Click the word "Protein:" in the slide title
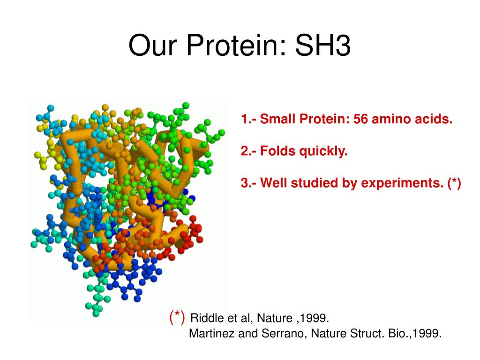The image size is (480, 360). point(236,45)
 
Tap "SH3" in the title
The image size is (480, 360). point(323,45)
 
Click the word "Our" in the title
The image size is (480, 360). point(153,45)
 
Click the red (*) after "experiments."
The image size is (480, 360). point(454,183)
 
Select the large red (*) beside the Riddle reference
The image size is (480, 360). point(177,317)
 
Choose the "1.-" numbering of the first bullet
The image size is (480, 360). point(249,119)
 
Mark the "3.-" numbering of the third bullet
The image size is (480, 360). point(249,183)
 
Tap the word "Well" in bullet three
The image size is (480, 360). point(273,183)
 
